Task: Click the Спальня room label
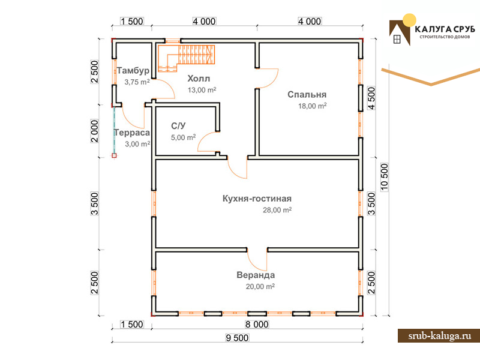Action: [x=307, y=95]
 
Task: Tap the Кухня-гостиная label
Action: [x=257, y=199]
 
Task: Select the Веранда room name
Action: [x=256, y=275]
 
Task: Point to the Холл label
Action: [x=199, y=79]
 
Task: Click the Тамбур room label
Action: [x=133, y=71]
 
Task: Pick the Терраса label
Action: [x=132, y=133]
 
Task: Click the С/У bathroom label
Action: [x=178, y=126]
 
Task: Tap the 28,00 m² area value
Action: [x=277, y=210]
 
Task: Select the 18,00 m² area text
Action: [x=312, y=106]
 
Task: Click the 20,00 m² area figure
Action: [x=260, y=287]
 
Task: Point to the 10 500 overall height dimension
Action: [x=384, y=177]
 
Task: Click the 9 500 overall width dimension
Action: [x=237, y=338]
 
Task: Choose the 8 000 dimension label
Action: [x=257, y=324]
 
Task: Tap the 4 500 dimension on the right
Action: [x=371, y=98]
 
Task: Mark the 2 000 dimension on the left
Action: [x=95, y=131]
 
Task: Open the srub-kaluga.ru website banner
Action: [x=439, y=336]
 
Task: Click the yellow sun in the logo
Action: [x=409, y=20]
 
